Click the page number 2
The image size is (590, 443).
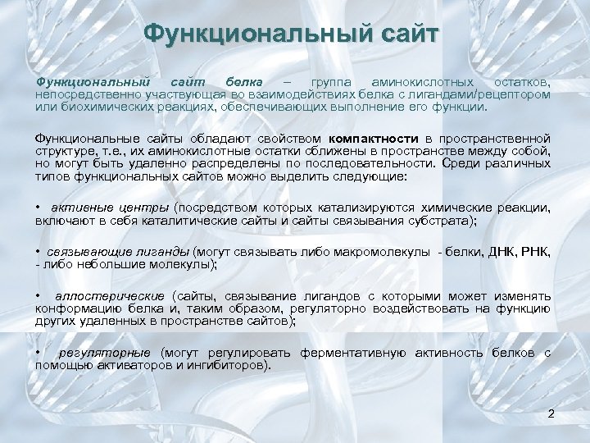551,413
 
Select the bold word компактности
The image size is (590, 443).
373,139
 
